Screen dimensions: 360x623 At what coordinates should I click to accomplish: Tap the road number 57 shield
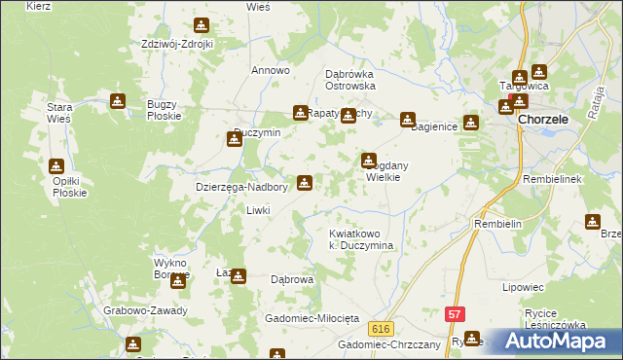[455, 314]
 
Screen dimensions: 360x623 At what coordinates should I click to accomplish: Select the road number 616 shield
[381, 329]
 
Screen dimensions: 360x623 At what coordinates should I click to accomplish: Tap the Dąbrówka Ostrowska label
[349, 79]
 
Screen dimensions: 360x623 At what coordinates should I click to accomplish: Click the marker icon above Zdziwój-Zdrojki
[202, 25]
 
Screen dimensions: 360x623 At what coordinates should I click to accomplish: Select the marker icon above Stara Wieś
[118, 100]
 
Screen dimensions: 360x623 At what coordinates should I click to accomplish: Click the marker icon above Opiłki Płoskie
[57, 166]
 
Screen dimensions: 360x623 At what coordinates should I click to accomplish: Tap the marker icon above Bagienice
[407, 120]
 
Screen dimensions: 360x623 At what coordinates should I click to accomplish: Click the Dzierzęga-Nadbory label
[240, 188]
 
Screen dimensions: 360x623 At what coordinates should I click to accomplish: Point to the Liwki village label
[258, 210]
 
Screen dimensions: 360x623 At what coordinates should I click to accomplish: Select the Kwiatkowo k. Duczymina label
[361, 240]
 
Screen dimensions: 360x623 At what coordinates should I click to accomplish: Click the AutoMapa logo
[556, 342]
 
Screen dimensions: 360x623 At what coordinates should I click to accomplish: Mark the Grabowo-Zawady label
[145, 311]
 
